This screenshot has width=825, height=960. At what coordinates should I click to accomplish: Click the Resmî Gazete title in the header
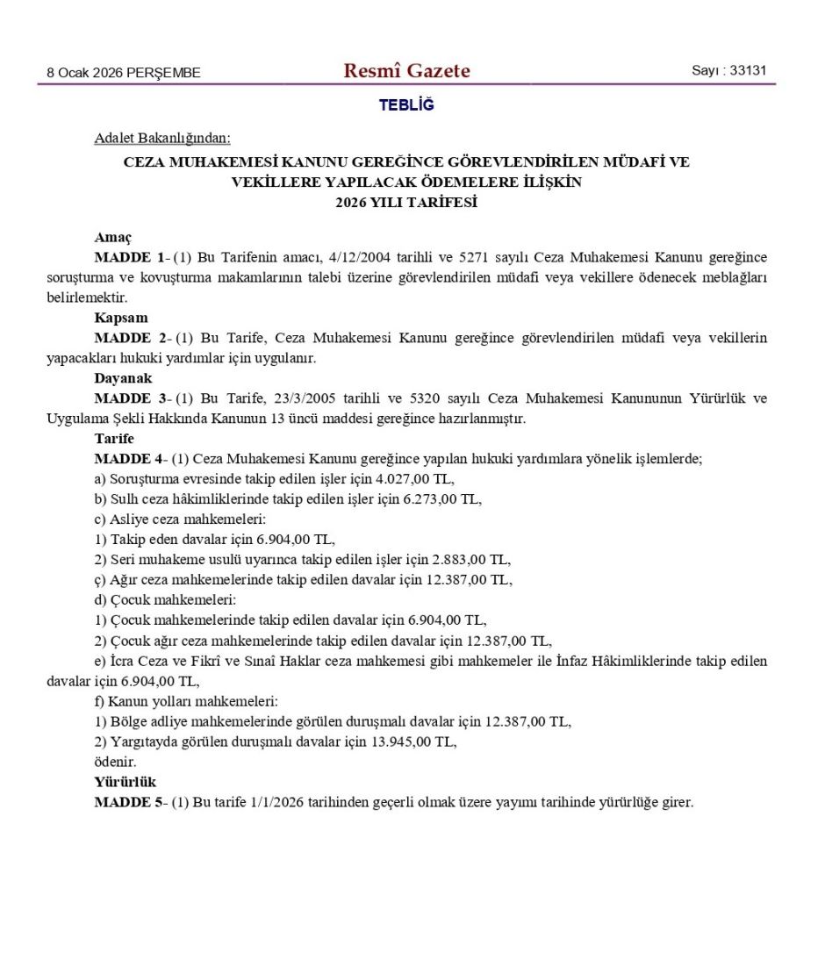click(406, 71)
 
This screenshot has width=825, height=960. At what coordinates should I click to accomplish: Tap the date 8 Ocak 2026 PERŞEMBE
click(123, 73)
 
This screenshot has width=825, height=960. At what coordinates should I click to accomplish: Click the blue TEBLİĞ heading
click(406, 105)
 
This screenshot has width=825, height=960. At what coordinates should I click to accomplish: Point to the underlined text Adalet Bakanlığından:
click(162, 138)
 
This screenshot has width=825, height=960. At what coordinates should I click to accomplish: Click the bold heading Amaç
click(112, 237)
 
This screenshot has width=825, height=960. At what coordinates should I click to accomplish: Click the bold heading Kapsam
click(121, 318)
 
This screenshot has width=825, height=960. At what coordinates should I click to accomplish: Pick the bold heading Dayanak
click(124, 378)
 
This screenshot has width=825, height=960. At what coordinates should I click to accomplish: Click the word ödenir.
click(115, 762)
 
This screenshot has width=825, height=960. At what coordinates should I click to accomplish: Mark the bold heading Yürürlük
click(126, 782)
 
